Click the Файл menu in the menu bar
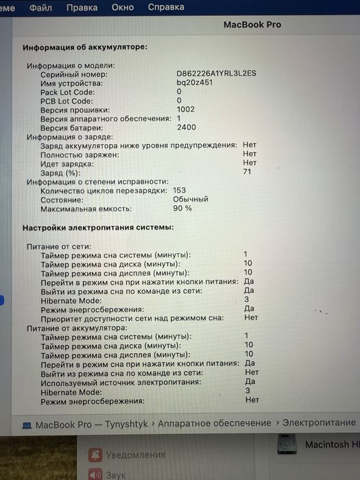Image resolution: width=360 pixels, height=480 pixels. point(41,8)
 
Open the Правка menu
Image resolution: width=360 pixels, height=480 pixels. point(82,8)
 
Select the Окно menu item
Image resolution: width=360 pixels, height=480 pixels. point(123,8)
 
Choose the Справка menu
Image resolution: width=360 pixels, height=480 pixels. point(166,8)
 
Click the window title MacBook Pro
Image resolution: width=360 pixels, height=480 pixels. point(252,25)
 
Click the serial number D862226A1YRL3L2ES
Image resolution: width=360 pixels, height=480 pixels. point(216,74)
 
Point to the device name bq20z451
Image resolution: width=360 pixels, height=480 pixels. point(195,83)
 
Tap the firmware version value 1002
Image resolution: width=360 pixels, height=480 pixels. point(186,110)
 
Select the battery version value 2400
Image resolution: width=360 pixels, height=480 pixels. point(187,128)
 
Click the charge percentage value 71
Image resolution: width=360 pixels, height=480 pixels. point(248,173)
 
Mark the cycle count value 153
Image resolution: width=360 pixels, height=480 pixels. point(180,190)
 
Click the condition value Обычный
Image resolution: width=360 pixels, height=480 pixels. point(191,199)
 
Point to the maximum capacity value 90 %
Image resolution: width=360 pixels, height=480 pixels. point(182,208)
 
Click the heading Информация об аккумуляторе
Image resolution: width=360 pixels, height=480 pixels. point(85,48)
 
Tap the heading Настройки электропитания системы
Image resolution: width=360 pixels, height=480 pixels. point(98,227)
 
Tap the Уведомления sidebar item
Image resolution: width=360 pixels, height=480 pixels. point(136,454)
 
